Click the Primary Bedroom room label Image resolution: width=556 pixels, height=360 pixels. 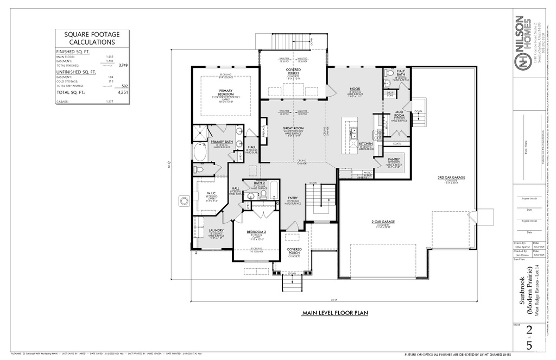pos(226,91)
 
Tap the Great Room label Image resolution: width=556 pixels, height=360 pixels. pos(293,128)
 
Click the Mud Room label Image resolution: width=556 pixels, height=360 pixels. pos(399,114)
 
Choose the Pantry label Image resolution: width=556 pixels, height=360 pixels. pos(394,159)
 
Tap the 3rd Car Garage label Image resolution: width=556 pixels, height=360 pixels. pos(451,178)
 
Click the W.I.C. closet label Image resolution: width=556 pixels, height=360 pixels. pos(211,193)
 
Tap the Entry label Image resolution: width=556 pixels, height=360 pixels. pos(293,198)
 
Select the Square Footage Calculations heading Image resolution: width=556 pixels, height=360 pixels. pos(92,38)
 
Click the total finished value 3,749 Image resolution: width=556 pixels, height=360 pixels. pos(123,65)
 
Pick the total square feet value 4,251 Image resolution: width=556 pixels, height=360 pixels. pos(123,93)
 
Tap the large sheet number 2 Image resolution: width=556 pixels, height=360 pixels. pos(529,331)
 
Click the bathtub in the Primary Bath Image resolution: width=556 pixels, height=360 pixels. pos(200,153)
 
